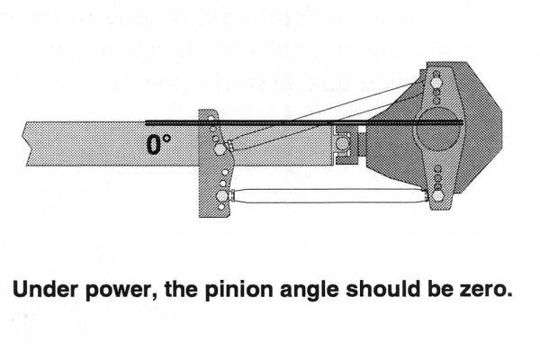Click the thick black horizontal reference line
[x=270, y=122]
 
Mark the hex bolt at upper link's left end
[x=231, y=146]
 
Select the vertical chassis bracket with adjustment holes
[x=215, y=162]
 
